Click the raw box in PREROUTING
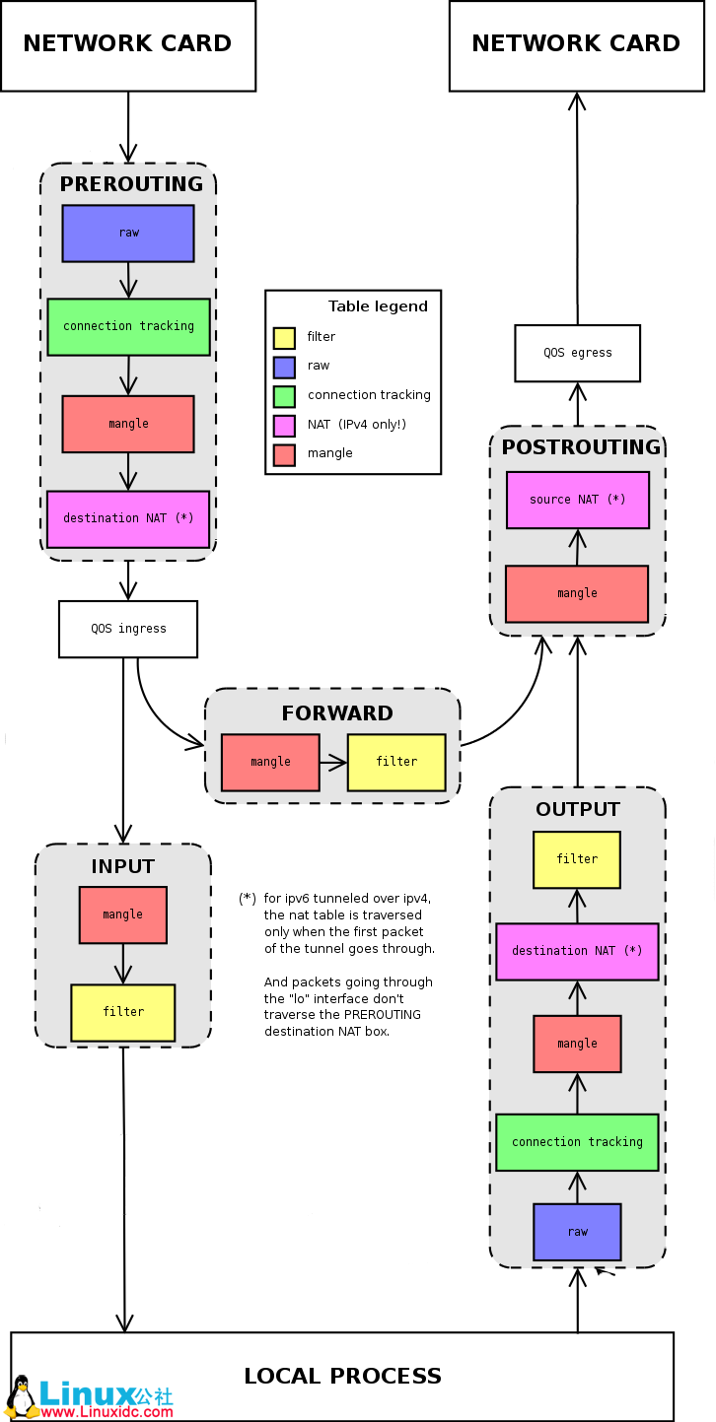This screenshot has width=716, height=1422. [x=128, y=234]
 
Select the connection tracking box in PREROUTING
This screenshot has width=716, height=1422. [x=128, y=326]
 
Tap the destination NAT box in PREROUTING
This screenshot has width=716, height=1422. [x=128, y=518]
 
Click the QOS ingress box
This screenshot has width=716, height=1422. [x=128, y=629]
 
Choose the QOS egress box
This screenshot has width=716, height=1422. [x=577, y=353]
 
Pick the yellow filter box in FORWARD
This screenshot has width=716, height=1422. [x=396, y=762]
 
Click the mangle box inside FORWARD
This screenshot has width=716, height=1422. [x=270, y=762]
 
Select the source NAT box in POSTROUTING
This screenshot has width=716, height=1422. [x=577, y=500]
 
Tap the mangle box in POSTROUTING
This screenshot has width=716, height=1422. [x=577, y=593]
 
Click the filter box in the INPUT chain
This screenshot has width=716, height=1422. [x=122, y=1012]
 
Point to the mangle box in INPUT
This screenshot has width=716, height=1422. [x=122, y=914]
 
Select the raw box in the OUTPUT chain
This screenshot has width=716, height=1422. [x=577, y=1232]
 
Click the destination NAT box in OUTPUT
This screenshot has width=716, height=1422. [x=577, y=951]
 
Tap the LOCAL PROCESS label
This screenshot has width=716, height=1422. [x=342, y=1376]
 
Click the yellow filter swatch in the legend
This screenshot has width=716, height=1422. [x=284, y=338]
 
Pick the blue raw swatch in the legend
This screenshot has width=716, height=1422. [x=284, y=367]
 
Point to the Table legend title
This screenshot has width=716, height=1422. [x=378, y=306]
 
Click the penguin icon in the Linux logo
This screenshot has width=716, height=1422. [x=22, y=1396]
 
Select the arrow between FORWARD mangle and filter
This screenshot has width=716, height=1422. [x=333, y=762]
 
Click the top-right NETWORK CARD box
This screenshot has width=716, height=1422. [x=576, y=44]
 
